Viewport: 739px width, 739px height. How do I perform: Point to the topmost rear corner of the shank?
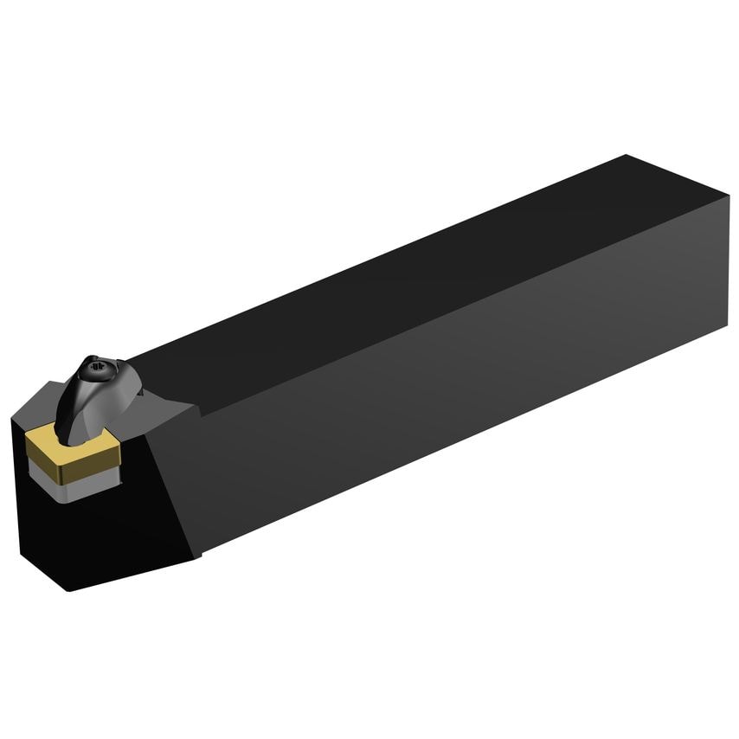[x=626, y=156]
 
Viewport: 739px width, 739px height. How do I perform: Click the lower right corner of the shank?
[x=725, y=328]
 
